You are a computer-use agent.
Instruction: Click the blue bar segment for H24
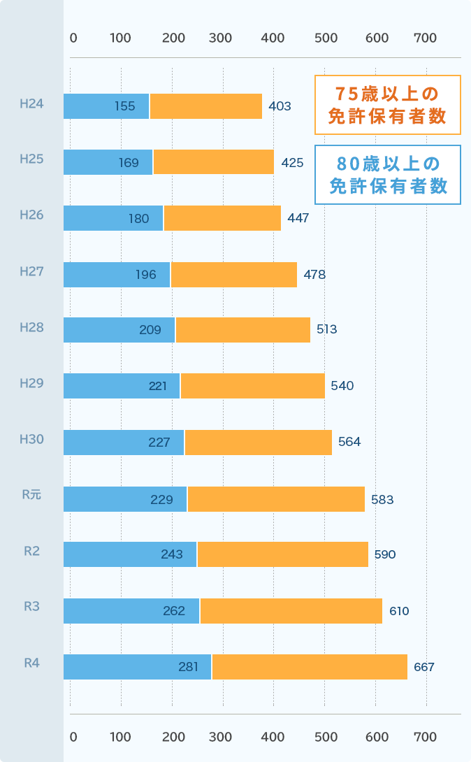click(106, 106)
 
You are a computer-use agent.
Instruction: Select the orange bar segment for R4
click(310, 667)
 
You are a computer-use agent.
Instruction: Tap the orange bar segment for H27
click(234, 275)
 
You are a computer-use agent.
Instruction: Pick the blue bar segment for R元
click(125, 499)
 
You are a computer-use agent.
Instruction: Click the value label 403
click(280, 106)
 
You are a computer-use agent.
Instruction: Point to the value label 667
click(424, 667)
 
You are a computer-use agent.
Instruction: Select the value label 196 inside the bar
click(146, 275)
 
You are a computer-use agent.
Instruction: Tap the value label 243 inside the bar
click(171, 554)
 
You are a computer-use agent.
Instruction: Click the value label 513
click(327, 329)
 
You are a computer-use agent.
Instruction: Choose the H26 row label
click(31, 215)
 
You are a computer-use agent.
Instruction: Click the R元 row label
click(31, 495)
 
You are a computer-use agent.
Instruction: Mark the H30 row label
click(31, 439)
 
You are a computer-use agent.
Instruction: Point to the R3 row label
click(31, 607)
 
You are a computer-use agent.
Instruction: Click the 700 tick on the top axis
click(425, 38)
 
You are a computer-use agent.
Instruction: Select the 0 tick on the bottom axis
click(73, 737)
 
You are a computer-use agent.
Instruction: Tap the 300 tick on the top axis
click(220, 38)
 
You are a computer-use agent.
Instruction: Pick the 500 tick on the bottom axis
click(326, 737)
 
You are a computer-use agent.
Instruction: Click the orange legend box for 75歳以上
click(387, 105)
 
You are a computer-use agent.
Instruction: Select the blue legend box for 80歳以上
click(387, 175)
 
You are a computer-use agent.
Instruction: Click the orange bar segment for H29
click(253, 386)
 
